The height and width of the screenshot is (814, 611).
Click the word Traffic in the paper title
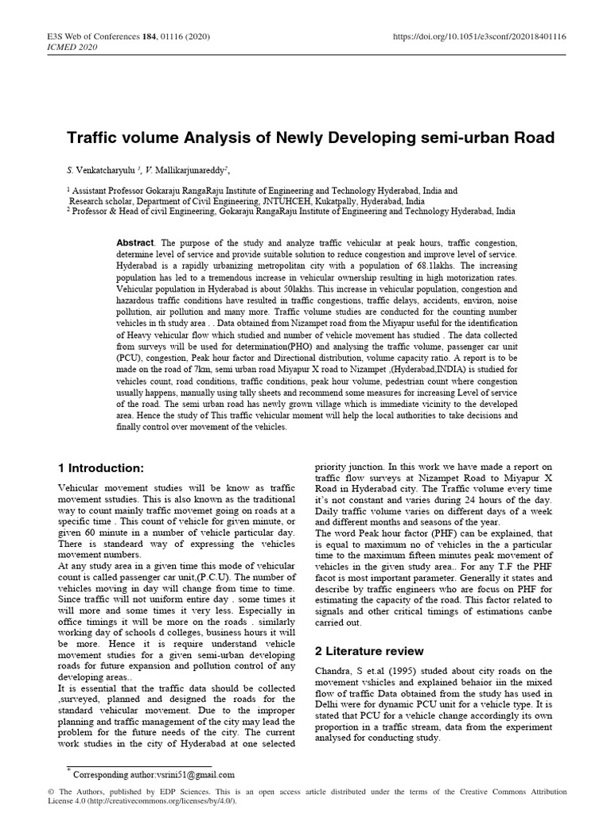click(x=91, y=138)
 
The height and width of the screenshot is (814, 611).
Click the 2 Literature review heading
click(x=369, y=651)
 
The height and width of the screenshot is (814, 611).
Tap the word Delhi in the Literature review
click(x=329, y=704)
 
